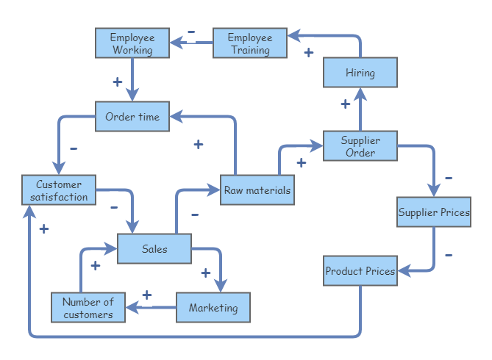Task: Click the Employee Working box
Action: pos(132,43)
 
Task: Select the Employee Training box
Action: pos(250,43)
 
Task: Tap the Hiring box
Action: pos(360,73)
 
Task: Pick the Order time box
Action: pos(132,117)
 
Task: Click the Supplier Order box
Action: pos(360,146)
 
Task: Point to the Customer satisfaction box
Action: pos(59,190)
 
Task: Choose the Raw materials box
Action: pos(257,190)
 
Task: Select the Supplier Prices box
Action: pos(434,212)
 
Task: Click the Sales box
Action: pos(154,249)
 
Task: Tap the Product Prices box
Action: pos(360,271)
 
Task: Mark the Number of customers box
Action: pos(88,307)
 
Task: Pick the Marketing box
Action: pos(213,307)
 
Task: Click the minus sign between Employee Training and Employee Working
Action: pos(191,32)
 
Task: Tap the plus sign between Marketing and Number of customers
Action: pos(146,295)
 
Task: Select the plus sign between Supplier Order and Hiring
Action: pos(345,104)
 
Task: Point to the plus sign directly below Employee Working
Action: pos(117,81)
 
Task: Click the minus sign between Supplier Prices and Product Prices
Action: pos(449,255)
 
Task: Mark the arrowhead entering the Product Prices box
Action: pos(402,271)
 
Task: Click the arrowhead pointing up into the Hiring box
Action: pos(360,93)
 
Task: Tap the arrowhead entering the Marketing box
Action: pos(219,287)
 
